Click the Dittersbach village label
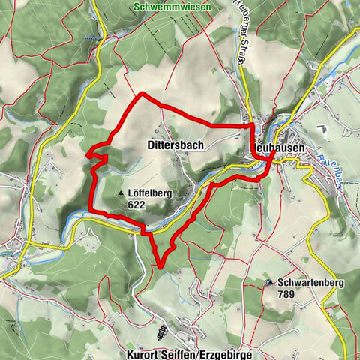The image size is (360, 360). (172, 145)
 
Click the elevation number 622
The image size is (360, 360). (136, 204)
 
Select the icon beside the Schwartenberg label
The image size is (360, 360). (270, 283)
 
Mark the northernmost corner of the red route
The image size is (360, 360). (142, 94)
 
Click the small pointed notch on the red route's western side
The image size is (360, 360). (88, 154)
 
